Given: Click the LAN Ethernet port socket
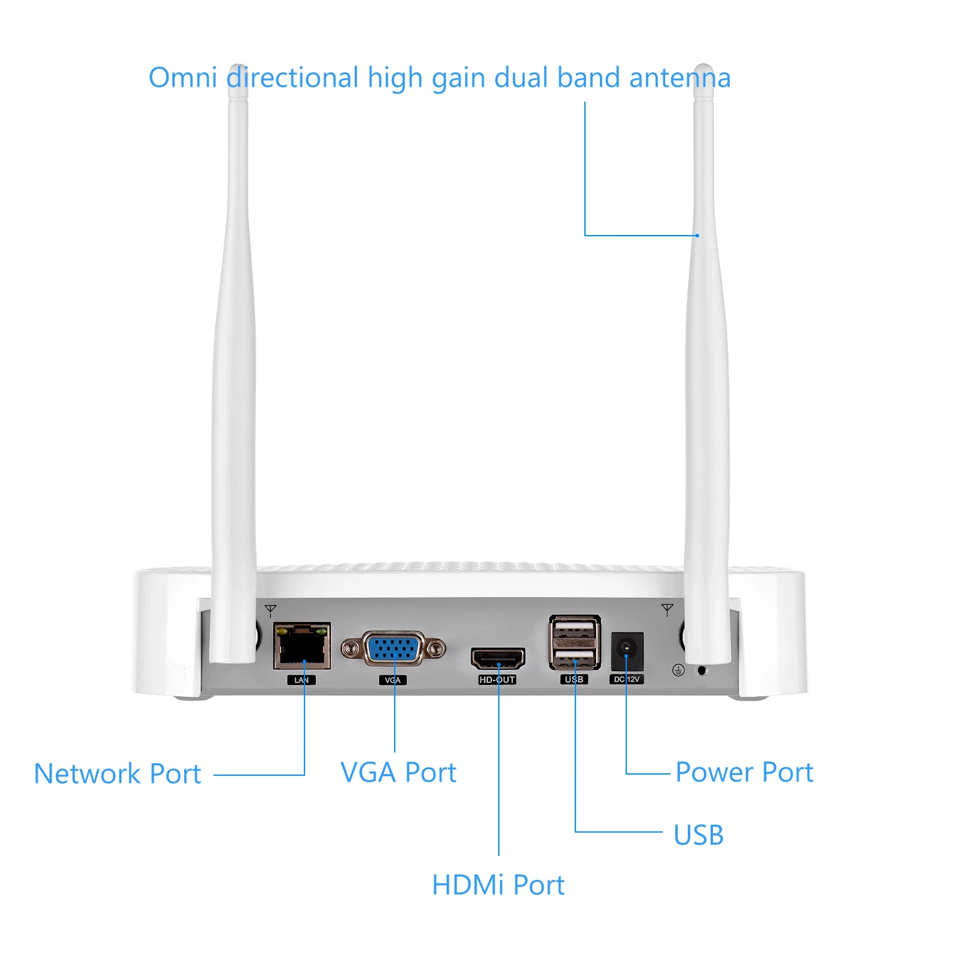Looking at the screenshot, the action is tap(302, 646).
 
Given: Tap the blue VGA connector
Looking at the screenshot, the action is tap(393, 648).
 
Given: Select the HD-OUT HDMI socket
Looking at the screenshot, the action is tap(498, 659).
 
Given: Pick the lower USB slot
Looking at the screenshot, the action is tap(575, 658).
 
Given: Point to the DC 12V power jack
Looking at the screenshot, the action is tap(627, 651).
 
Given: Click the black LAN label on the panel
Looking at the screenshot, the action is tap(301, 680).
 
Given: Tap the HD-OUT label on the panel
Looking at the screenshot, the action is tap(497, 679).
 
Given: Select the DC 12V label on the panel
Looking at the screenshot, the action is tap(626, 679).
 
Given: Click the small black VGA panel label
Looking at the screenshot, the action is tap(393, 680).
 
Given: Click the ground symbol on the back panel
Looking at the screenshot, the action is tap(678, 670).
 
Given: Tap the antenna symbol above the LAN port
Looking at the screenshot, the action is tap(270, 611).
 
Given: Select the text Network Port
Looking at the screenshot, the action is tap(117, 774).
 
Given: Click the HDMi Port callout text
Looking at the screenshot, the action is tap(498, 885).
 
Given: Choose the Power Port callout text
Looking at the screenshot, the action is tap(745, 772).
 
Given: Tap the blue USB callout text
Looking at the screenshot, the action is tap(699, 836).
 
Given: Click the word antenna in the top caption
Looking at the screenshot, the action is tap(680, 78).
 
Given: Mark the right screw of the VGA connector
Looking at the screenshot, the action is tap(437, 648).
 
